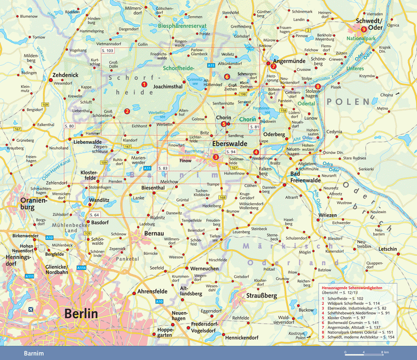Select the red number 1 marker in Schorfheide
point(144,84)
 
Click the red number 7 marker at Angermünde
point(273,66)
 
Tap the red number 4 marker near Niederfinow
point(255,152)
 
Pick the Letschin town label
point(387,249)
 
